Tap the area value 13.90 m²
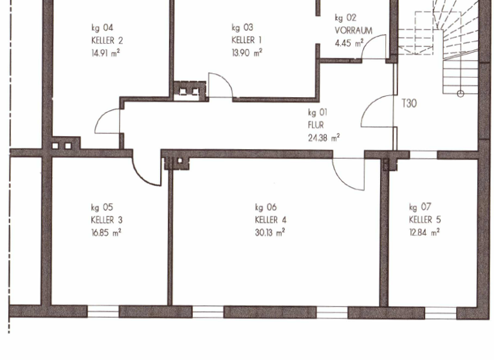click(x=246, y=53)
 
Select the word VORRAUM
click(x=353, y=30)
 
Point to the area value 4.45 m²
click(x=349, y=43)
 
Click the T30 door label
click(x=410, y=103)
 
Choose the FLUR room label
click(x=316, y=125)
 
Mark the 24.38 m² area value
click(x=324, y=137)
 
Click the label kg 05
click(x=102, y=207)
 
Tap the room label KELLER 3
click(x=107, y=220)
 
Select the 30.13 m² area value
click(x=270, y=233)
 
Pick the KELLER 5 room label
click(x=425, y=220)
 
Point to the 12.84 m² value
click(x=425, y=233)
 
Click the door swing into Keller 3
click(x=147, y=170)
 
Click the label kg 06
click(x=266, y=207)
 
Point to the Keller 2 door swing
click(x=108, y=122)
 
